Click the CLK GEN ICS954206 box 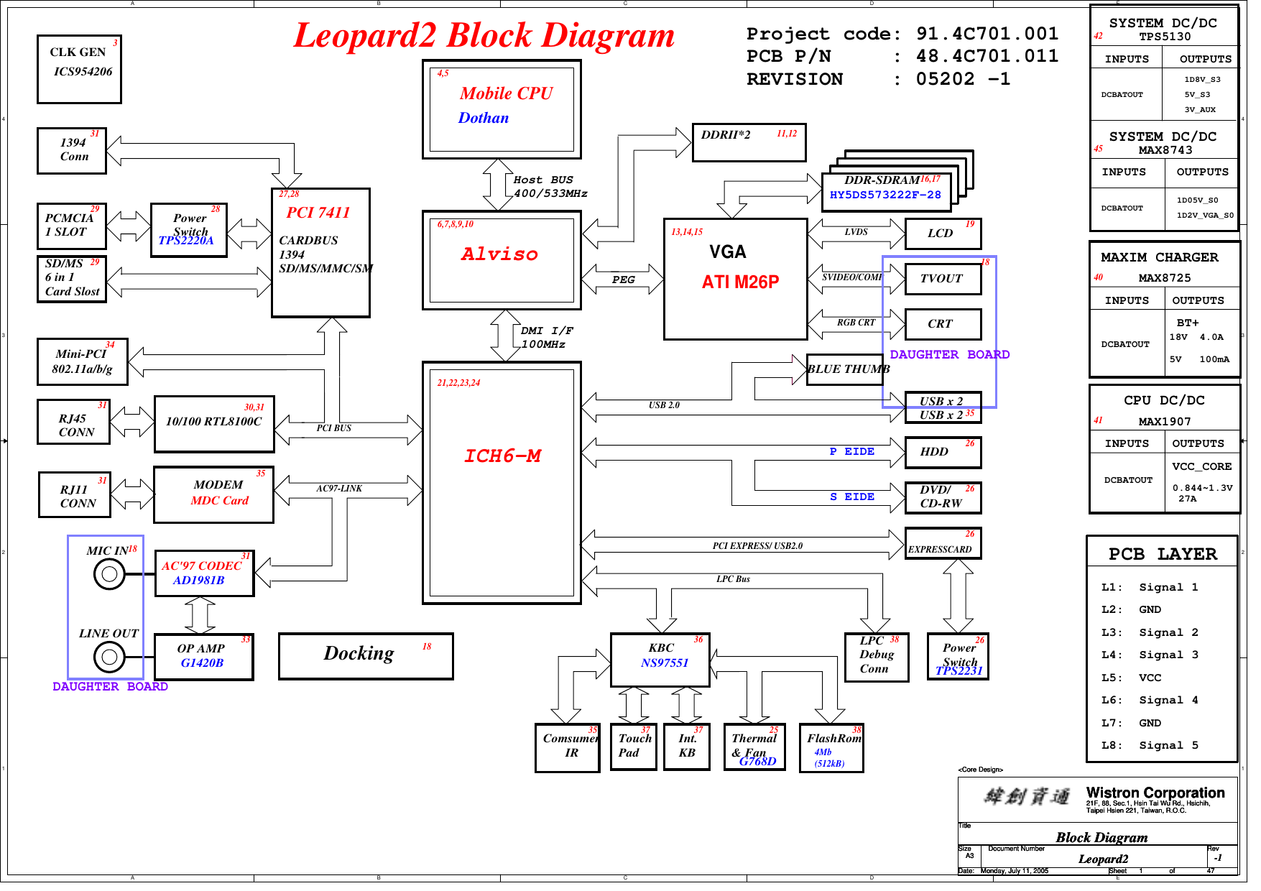(x=79, y=69)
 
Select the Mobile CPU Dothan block (x=501, y=109)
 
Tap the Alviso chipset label (x=499, y=254)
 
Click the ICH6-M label (x=502, y=456)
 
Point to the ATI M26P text (x=740, y=282)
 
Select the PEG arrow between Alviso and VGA (x=622, y=280)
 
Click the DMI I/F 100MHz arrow (x=505, y=336)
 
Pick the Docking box (x=366, y=655)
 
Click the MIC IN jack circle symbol (x=109, y=574)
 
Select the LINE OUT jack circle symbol (x=109, y=657)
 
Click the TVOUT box (x=943, y=279)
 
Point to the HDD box (x=943, y=452)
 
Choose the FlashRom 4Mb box (x=831, y=747)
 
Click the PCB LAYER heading (x=1162, y=554)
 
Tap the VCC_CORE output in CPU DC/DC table (x=1201, y=466)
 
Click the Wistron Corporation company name (x=1155, y=793)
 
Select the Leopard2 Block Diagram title (x=484, y=36)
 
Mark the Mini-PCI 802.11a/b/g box (x=82, y=361)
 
